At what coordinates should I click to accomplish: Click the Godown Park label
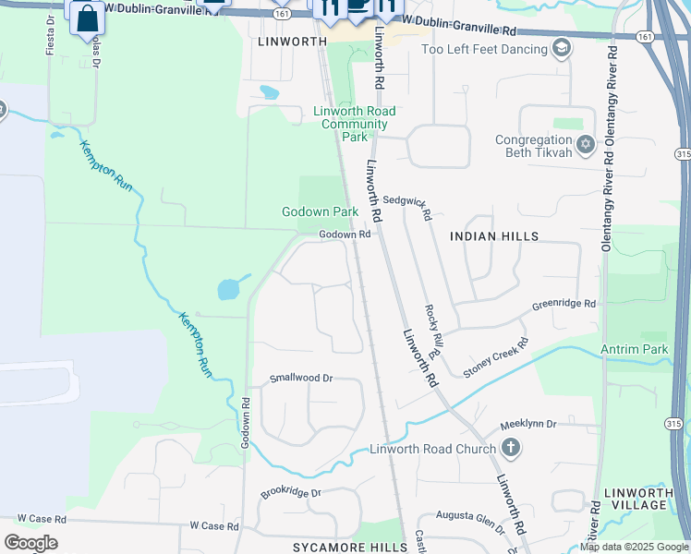(x=320, y=211)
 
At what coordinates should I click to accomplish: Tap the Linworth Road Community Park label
(x=355, y=124)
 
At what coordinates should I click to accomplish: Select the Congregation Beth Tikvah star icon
(x=584, y=145)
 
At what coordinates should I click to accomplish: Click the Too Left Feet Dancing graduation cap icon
(x=561, y=48)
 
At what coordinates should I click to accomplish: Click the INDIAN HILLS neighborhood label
(x=493, y=236)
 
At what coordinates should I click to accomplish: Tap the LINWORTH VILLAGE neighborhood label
(x=638, y=500)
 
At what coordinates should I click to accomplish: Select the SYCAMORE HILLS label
(x=350, y=548)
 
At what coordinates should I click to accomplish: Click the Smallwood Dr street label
(x=300, y=379)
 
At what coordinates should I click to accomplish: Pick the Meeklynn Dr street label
(x=528, y=424)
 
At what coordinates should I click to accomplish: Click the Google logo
(x=30, y=542)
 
